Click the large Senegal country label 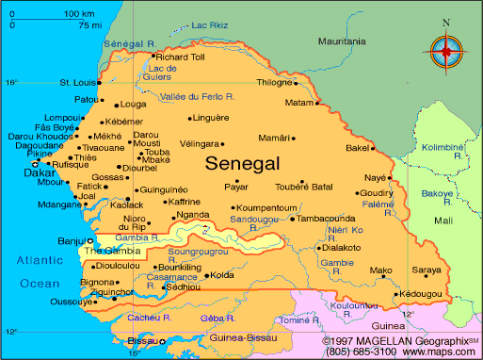tap(242, 163)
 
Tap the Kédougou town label tap(420, 294)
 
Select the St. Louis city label tap(77, 82)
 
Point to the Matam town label tap(298, 102)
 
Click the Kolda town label tap(221, 276)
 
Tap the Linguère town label tap(209, 118)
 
